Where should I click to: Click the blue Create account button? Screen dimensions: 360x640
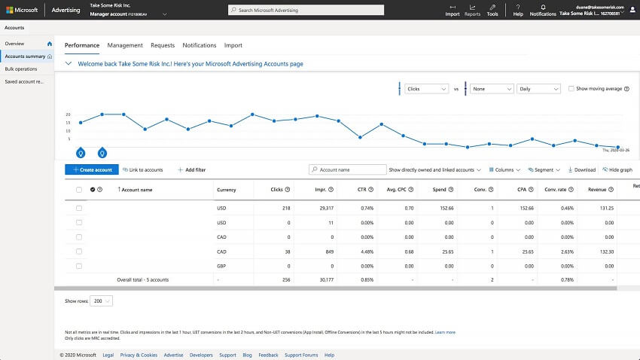click(x=92, y=170)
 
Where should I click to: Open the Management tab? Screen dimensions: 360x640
click(x=125, y=45)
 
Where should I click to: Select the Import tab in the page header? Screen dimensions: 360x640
click(x=233, y=45)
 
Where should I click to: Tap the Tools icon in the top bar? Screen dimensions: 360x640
click(x=492, y=9)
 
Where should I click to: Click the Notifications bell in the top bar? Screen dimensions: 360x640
click(x=543, y=9)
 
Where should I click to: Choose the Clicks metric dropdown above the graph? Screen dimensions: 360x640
click(x=426, y=89)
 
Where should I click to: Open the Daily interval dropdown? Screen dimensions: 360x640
click(x=538, y=89)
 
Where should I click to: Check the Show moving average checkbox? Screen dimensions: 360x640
click(x=571, y=89)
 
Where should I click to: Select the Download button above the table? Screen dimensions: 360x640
click(x=581, y=170)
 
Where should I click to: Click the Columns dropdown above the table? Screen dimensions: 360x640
click(x=505, y=170)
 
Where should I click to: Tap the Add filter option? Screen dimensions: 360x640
click(x=192, y=170)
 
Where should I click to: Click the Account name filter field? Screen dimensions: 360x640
click(x=346, y=170)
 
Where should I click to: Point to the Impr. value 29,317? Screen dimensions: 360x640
click(x=325, y=208)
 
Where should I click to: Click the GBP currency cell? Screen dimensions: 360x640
click(x=221, y=265)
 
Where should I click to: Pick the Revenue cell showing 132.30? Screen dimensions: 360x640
click(x=604, y=251)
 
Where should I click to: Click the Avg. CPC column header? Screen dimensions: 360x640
click(x=399, y=190)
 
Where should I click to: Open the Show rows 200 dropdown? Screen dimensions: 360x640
click(x=101, y=301)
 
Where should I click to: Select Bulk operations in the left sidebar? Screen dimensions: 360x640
click(x=21, y=69)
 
